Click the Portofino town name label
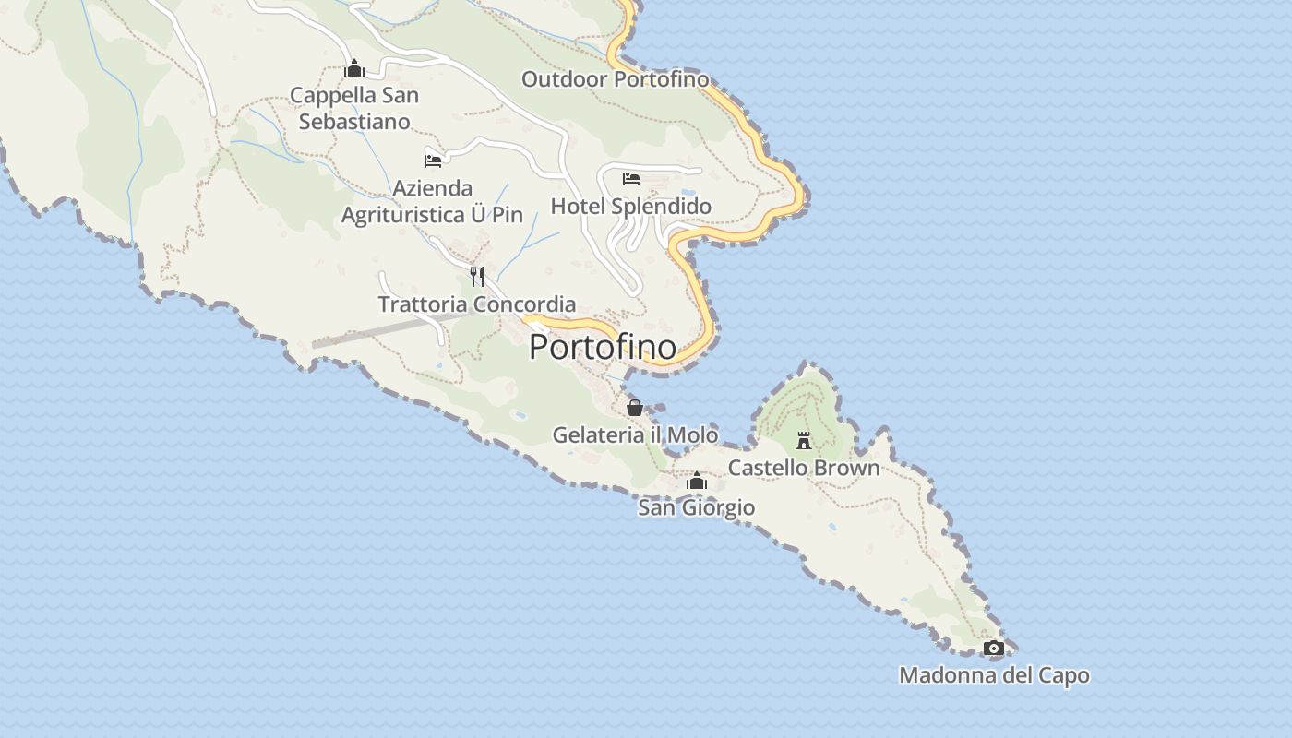[x=603, y=347]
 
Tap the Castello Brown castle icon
[x=804, y=441]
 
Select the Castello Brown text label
[x=804, y=468]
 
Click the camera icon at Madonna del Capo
[x=994, y=649]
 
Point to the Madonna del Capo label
[x=994, y=675]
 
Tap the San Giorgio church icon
[x=697, y=482]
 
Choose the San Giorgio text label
[x=697, y=507]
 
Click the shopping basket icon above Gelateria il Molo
[x=635, y=407]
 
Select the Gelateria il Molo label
[x=635, y=434]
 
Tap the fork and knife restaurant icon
[x=477, y=276]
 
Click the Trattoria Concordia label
[x=477, y=304]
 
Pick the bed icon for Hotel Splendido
[x=631, y=178]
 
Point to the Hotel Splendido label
[x=631, y=206]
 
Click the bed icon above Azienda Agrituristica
[x=433, y=161]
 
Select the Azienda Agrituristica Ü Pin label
[x=433, y=201]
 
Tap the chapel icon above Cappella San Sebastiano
[x=354, y=68]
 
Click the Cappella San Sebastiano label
[x=354, y=108]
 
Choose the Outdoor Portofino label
[x=616, y=79]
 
